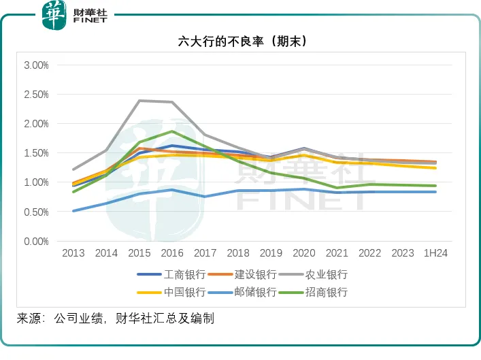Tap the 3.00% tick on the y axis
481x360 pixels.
(36, 65)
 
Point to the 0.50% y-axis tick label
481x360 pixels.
(36, 212)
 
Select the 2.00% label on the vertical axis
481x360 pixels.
(36, 124)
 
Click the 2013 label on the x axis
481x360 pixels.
(73, 253)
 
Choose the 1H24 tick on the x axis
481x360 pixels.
(435, 253)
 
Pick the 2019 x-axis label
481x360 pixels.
(271, 253)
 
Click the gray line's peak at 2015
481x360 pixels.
(139, 101)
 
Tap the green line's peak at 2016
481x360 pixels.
(173, 131)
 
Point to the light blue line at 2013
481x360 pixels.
(73, 211)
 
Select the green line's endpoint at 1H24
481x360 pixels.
(435, 186)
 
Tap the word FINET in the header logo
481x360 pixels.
(90, 21)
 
